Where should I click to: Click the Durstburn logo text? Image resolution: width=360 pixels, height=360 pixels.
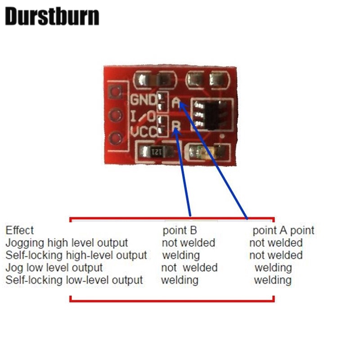click(52, 17)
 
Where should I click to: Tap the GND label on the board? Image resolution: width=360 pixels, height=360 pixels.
click(144, 100)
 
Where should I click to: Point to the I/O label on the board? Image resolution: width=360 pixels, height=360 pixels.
click(143, 117)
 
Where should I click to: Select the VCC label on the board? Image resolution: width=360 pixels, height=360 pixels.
click(144, 133)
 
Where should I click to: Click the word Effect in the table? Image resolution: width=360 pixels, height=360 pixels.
click(19, 231)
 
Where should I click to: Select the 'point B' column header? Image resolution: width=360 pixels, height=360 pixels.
click(180, 231)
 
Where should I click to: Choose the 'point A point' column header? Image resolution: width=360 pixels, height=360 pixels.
click(283, 231)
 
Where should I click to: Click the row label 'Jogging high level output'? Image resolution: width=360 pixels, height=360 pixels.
click(67, 243)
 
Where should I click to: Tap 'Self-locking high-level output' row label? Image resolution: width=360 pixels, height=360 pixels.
click(76, 255)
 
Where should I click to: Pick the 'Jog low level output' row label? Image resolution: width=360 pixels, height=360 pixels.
click(54, 268)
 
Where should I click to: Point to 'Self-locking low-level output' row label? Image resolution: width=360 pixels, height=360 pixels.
click(74, 280)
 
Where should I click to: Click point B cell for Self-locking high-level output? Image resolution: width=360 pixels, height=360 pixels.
click(180, 255)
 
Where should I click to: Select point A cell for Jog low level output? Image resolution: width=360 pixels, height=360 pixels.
click(273, 268)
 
